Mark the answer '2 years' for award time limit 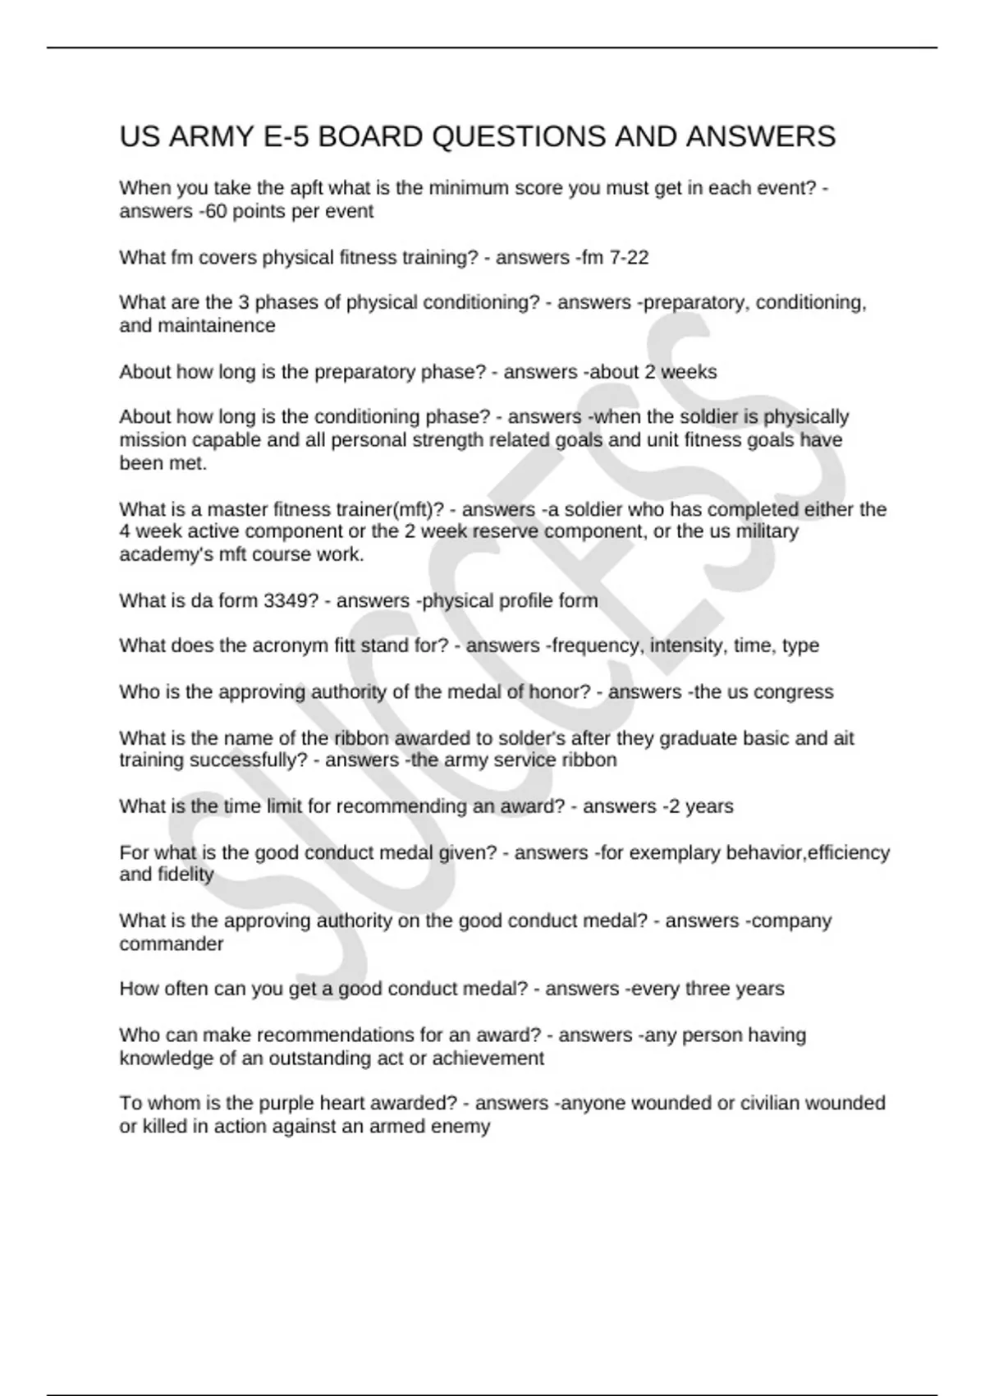pyautogui.click(x=700, y=806)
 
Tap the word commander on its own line pyautogui.click(x=171, y=944)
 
